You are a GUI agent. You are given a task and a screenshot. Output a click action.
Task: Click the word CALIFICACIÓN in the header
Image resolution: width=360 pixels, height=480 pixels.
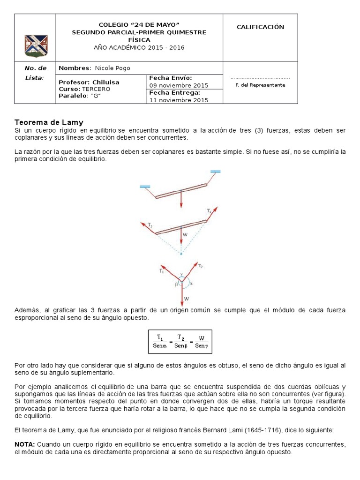tap(260, 27)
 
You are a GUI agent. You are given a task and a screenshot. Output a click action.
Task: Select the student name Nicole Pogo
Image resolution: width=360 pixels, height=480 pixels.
tap(112, 68)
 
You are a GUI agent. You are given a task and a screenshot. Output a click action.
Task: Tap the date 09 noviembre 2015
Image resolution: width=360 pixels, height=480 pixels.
tap(179, 85)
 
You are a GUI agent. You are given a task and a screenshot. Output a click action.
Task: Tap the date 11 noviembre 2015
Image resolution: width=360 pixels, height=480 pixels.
tap(179, 100)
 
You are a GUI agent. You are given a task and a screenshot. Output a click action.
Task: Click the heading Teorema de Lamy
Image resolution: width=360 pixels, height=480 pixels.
tap(49, 122)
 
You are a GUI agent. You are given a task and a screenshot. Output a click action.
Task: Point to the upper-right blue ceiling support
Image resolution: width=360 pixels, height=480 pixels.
tap(216, 172)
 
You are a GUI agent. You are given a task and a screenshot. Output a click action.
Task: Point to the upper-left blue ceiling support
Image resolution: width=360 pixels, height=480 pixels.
tap(145, 187)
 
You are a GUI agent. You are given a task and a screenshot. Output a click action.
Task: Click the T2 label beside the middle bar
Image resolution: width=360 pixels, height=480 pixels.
tap(209, 210)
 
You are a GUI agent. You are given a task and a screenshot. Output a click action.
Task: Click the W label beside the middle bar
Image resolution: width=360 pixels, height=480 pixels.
tap(186, 234)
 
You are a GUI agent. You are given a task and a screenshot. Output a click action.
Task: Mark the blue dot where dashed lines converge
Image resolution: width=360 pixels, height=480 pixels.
tap(181, 254)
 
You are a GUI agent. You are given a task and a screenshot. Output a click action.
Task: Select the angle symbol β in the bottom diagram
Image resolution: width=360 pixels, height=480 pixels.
tap(176, 284)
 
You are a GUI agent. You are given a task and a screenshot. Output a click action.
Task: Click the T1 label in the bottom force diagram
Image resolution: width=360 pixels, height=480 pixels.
tap(162, 271)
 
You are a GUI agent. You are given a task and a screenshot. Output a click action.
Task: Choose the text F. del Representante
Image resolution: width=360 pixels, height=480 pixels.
tap(260, 85)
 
